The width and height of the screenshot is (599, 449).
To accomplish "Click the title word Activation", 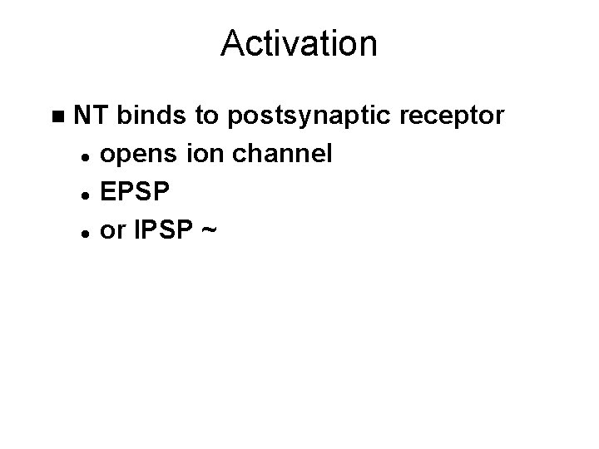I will (x=299, y=43).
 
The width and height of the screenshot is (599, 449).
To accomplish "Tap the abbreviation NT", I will (x=92, y=116).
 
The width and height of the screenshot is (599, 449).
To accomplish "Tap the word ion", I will (x=193, y=154).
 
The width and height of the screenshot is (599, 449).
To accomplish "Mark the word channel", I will (x=275, y=154).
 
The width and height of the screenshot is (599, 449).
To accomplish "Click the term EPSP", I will (x=135, y=192).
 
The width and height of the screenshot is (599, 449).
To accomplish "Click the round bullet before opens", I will (x=86, y=155).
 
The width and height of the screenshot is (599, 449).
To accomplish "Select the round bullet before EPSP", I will (x=86, y=194).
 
